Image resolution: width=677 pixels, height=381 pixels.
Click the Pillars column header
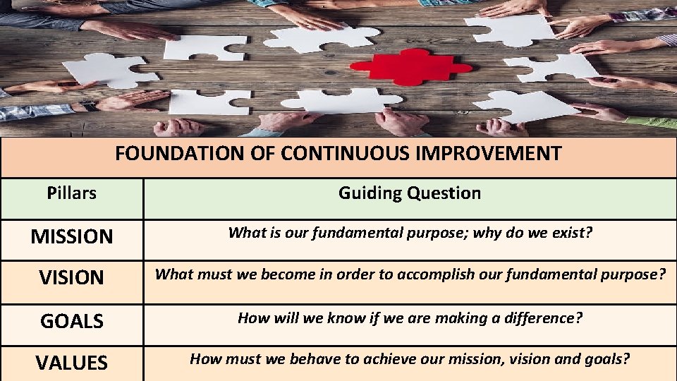click(71, 193)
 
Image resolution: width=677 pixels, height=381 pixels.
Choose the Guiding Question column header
click(409, 193)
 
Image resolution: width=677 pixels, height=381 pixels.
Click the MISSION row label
click(71, 236)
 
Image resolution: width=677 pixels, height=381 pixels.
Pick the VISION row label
click(71, 277)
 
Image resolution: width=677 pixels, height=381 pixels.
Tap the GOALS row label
click(71, 321)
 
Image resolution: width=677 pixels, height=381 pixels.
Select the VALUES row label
click(71, 363)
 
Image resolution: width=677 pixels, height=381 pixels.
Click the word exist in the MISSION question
click(573, 233)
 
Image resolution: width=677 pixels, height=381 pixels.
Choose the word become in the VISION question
click(286, 274)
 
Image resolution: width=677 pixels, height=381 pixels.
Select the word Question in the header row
click(448, 193)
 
